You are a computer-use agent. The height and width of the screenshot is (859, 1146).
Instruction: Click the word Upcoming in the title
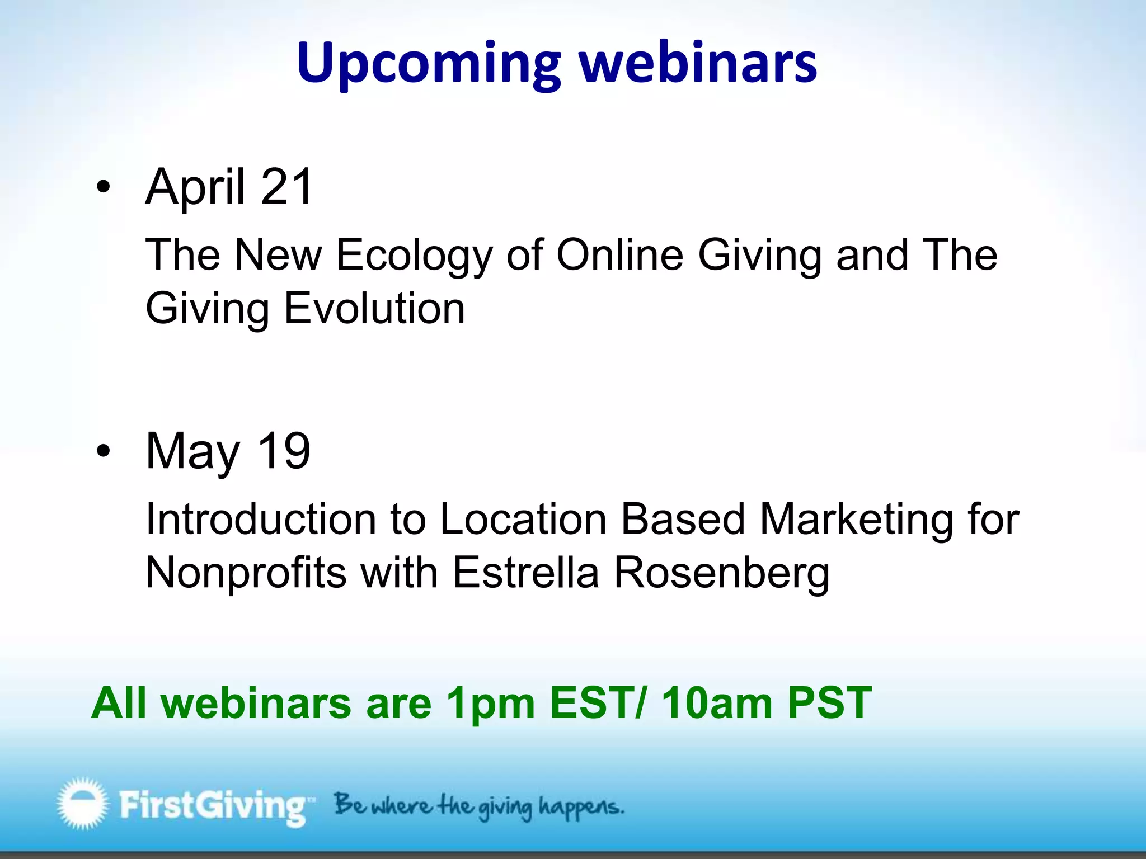428,64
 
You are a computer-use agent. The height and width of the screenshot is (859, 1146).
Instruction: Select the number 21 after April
286,187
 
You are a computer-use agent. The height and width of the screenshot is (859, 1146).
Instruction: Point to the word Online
619,255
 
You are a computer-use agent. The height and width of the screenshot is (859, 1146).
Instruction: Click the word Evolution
374,309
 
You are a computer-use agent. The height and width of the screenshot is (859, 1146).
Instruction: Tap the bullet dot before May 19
103,452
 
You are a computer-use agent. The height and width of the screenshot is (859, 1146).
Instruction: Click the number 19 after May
284,451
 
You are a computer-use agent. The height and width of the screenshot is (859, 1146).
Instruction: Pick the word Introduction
261,520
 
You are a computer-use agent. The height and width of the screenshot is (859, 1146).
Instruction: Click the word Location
523,520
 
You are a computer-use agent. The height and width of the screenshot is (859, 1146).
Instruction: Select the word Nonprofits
246,573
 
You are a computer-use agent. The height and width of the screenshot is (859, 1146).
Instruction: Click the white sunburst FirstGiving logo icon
82,803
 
